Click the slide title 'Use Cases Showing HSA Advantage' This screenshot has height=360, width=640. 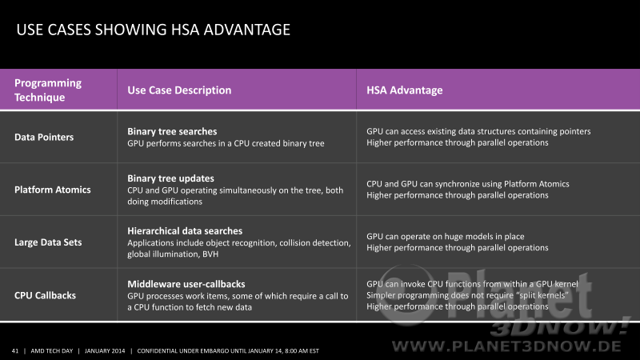[153, 30]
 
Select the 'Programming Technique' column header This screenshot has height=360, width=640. [48, 90]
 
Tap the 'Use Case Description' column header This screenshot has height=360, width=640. [179, 90]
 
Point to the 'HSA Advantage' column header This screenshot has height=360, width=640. [404, 90]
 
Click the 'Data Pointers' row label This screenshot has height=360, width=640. [44, 137]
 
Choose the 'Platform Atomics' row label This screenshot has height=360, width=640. [53, 190]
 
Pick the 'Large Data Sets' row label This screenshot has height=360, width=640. [48, 242]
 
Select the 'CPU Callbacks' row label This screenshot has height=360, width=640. [45, 295]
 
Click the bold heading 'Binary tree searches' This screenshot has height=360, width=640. [172, 131]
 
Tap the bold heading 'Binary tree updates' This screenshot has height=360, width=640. [170, 178]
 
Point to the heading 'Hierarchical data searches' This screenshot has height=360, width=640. [185, 231]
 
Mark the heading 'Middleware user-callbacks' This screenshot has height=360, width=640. [186, 284]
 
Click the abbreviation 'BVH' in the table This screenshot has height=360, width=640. [210, 254]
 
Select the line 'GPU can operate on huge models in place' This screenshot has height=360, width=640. [446, 237]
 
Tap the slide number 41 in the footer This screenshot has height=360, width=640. [15, 350]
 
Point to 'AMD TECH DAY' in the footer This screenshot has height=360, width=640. [52, 350]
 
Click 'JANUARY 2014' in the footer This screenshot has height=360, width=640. [105, 350]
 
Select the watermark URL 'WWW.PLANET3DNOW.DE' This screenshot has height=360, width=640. [506, 346]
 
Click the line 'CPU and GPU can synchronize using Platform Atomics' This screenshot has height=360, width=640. [468, 184]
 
